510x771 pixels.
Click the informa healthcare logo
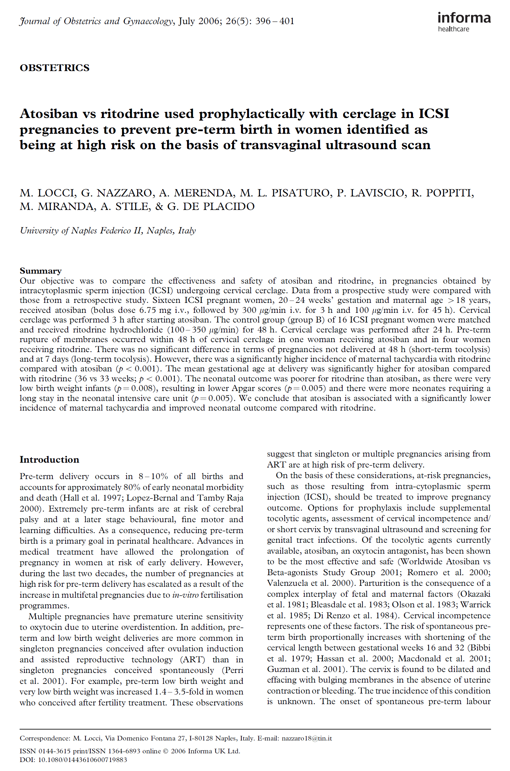[x=464, y=22]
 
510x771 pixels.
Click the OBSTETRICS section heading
[x=55, y=68]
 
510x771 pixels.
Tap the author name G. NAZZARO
[x=116, y=193]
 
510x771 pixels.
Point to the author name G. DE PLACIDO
[x=211, y=206]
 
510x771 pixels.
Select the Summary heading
[x=41, y=271]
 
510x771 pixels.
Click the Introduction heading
[x=49, y=459]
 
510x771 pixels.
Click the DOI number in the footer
[x=83, y=760]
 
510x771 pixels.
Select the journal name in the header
[x=96, y=21]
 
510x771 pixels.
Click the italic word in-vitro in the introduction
[x=185, y=595]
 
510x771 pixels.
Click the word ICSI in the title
[x=434, y=113]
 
